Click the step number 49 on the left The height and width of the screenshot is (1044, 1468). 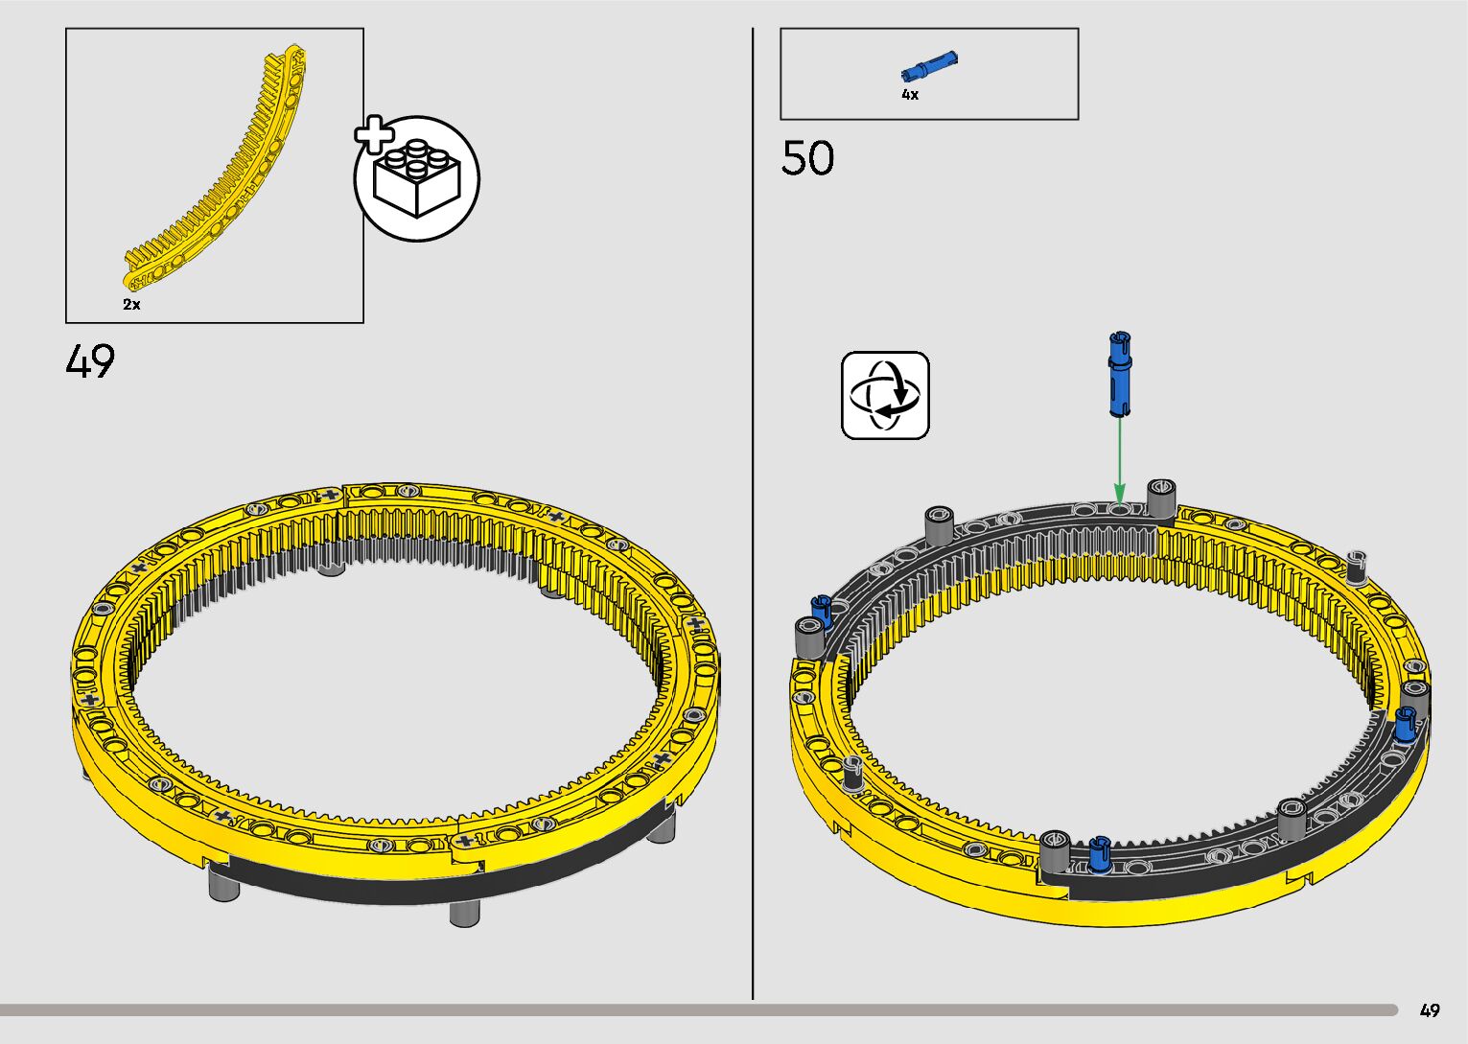click(x=90, y=361)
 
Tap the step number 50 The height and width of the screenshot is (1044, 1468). click(x=807, y=158)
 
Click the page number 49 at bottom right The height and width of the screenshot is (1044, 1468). click(x=1430, y=1009)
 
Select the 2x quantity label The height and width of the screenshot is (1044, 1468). click(x=131, y=305)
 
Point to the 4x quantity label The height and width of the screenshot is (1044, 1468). click(x=909, y=95)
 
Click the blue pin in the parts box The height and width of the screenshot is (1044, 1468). click(x=929, y=67)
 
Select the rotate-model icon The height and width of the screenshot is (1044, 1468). click(x=885, y=395)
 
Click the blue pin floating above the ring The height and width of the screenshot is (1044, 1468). click(x=1119, y=374)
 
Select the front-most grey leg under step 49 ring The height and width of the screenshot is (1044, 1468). click(x=464, y=912)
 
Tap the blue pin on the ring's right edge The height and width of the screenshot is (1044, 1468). click(x=1406, y=723)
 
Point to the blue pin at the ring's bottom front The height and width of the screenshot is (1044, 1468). click(x=1101, y=854)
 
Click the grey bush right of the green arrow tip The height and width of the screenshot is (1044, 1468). click(x=1162, y=498)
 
